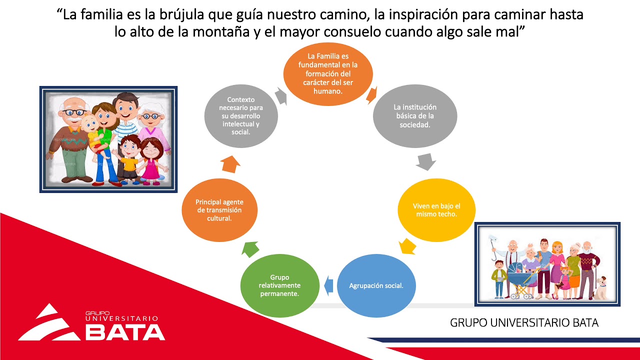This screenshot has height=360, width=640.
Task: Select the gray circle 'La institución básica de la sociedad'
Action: click(x=414, y=116)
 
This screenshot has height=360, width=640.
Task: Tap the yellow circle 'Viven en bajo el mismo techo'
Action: click(x=436, y=210)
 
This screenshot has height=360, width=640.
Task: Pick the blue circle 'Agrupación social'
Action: click(x=376, y=286)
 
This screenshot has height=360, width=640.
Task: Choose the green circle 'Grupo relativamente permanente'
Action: click(x=279, y=285)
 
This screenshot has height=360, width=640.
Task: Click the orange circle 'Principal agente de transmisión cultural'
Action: click(x=219, y=210)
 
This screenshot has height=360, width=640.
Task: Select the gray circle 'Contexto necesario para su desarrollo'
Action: click(x=241, y=116)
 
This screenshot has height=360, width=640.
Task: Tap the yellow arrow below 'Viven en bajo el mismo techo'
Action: click(x=407, y=245)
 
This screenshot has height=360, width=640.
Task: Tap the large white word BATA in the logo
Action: click(x=125, y=332)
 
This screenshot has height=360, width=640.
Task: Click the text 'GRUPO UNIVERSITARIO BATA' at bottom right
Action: click(x=524, y=322)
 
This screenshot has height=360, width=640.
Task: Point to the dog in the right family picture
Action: click(x=600, y=288)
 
